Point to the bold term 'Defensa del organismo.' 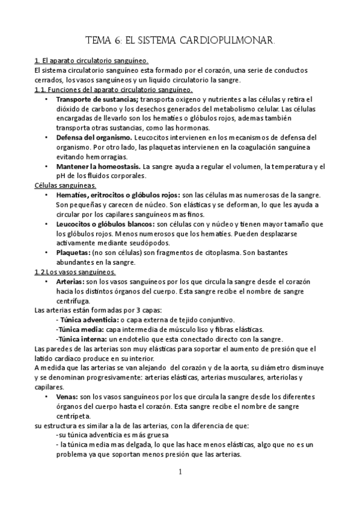pos(93,138)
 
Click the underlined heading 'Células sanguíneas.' pos(63,186)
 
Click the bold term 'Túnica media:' pos(80,330)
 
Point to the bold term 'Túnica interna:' pos(81,339)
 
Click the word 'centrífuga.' pos(73,301)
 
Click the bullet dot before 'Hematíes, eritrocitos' pos(47,195)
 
